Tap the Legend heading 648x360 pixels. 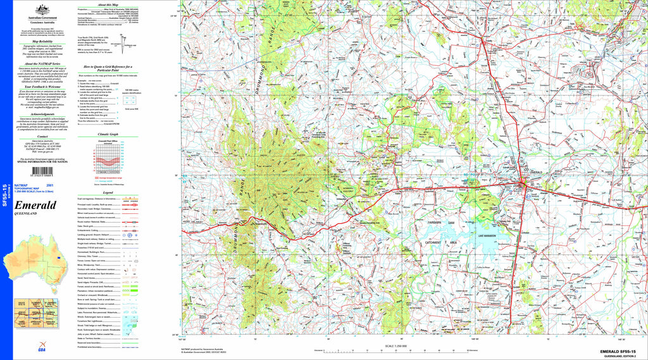pyautogui.click(x=108, y=192)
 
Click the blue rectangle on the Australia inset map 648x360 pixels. pyautogui.click(x=58, y=258)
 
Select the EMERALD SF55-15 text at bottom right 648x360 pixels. pyautogui.click(x=623, y=351)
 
